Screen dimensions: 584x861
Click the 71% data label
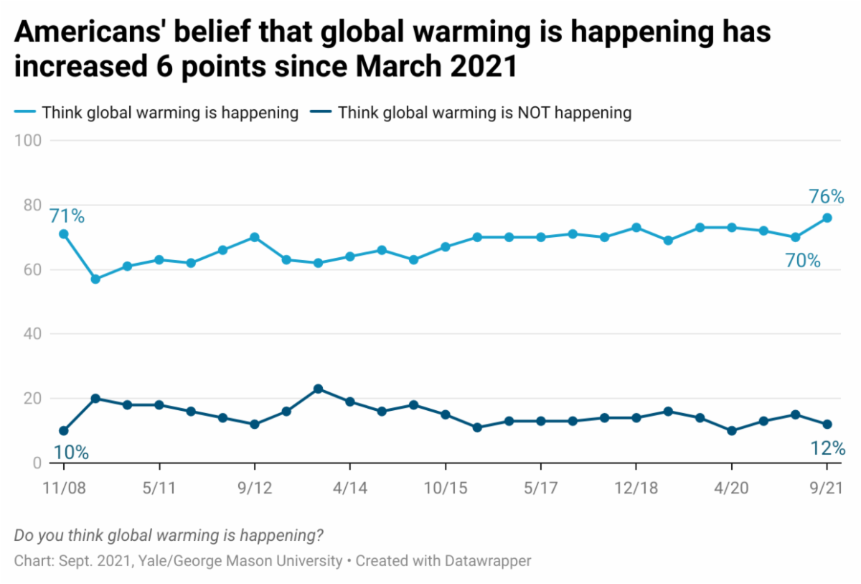pyautogui.click(x=67, y=215)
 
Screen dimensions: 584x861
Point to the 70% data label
pyautogui.click(x=803, y=261)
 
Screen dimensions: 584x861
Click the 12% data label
pyautogui.click(x=827, y=449)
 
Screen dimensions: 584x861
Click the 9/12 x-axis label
pyautogui.click(x=254, y=486)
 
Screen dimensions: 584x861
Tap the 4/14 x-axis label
pyautogui.click(x=350, y=486)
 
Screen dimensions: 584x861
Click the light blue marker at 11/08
pyautogui.click(x=64, y=234)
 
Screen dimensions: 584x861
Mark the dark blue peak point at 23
pyautogui.click(x=318, y=389)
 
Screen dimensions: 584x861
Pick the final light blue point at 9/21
pyautogui.click(x=827, y=218)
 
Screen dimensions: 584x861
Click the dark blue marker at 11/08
pyautogui.click(x=64, y=431)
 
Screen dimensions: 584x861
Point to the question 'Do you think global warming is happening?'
pyautogui.click(x=168, y=535)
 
